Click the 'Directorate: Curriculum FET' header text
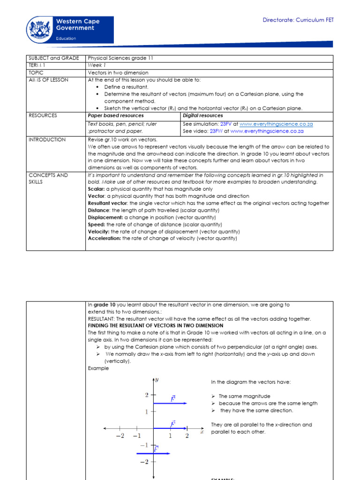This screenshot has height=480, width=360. [x=298, y=20]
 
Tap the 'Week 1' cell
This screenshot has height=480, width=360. [x=97, y=66]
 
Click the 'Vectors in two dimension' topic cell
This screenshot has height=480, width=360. [x=118, y=73]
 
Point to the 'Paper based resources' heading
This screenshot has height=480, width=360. [x=116, y=115]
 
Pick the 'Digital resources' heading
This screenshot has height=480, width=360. [x=203, y=115]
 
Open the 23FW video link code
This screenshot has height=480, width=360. [x=216, y=131]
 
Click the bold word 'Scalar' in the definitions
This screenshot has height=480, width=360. [x=96, y=189]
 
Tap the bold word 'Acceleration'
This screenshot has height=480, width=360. [x=104, y=238]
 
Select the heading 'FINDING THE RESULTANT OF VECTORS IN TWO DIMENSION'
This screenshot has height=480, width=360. [x=156, y=325]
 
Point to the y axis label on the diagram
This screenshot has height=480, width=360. [x=157, y=380]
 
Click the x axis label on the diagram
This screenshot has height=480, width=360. [x=202, y=432]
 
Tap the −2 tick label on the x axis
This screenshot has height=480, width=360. [x=120, y=436]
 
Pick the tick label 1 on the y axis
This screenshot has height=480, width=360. [x=146, y=412]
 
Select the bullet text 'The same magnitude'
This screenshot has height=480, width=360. [x=244, y=396]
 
